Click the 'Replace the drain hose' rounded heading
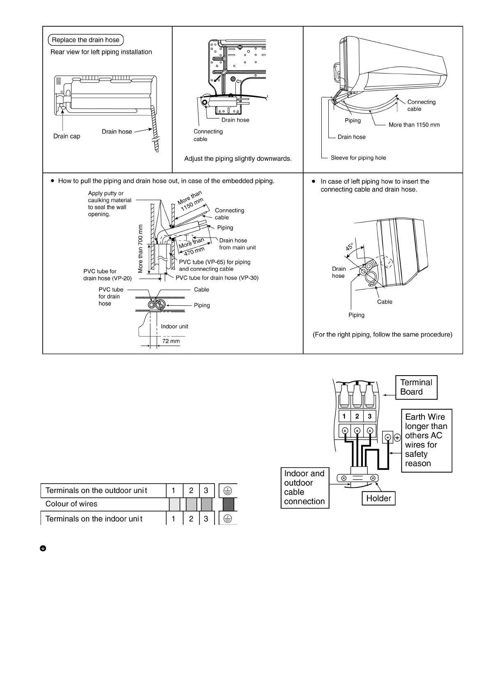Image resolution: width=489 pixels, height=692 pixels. click(85, 40)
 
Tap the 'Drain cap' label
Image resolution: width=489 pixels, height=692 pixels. click(67, 136)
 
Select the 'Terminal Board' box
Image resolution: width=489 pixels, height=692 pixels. click(416, 387)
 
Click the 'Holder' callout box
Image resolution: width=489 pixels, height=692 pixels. click(378, 498)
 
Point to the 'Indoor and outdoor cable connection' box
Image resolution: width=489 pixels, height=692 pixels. click(304, 487)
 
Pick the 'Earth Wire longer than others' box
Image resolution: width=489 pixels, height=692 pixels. click(426, 440)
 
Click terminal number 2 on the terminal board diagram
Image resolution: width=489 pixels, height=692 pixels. click(357, 416)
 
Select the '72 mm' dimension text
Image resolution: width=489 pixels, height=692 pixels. click(171, 341)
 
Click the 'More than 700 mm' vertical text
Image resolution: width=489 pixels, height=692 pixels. click(141, 249)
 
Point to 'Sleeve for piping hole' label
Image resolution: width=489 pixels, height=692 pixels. click(358, 158)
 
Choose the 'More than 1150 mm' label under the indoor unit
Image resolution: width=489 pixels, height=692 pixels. click(414, 125)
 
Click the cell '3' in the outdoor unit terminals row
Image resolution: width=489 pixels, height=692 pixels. click(206, 490)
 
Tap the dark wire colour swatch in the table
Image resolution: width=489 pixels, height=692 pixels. click(228, 504)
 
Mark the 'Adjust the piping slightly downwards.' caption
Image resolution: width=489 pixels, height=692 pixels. click(238, 159)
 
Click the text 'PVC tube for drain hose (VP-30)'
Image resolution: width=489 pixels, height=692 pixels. click(217, 278)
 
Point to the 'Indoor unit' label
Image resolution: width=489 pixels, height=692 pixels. click(174, 326)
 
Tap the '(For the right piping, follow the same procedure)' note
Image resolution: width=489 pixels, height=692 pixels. click(382, 334)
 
